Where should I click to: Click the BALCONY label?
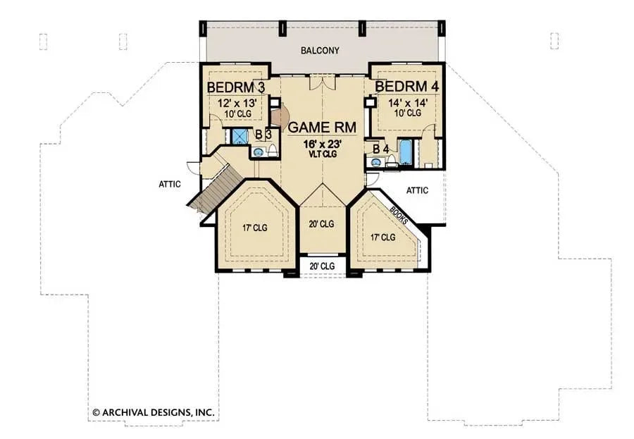click(320, 51)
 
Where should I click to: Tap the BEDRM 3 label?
click(235, 87)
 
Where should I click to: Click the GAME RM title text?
click(321, 128)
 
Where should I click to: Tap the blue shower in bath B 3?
click(240, 136)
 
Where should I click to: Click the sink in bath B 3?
click(258, 152)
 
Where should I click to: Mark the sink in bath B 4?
click(375, 162)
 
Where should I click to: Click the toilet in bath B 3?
click(272, 150)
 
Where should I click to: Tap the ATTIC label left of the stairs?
click(170, 184)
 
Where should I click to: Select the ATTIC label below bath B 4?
click(418, 190)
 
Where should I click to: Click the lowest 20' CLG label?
click(321, 266)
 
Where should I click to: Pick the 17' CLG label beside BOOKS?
click(383, 237)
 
